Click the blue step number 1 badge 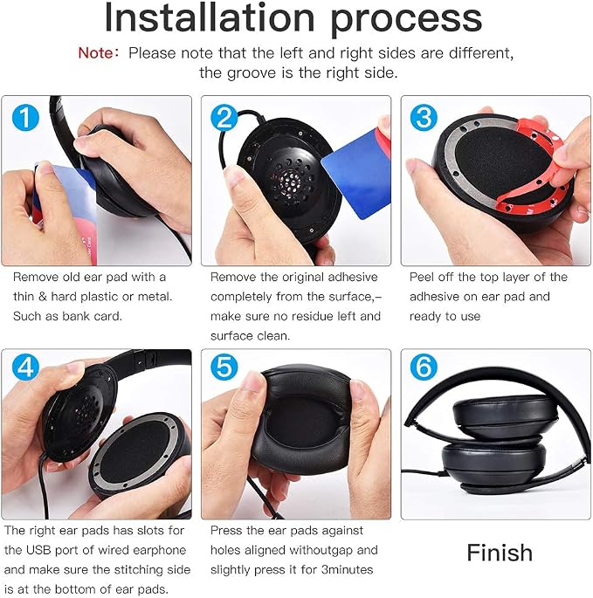[25, 117]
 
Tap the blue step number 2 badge [224, 117]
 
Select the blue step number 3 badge [424, 117]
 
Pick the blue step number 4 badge [25, 367]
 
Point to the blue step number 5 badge [224, 367]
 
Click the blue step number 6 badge [424, 367]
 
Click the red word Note [96, 53]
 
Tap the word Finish [500, 553]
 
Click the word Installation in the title [210, 17]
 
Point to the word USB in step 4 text [38, 550]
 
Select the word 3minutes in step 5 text [347, 570]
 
